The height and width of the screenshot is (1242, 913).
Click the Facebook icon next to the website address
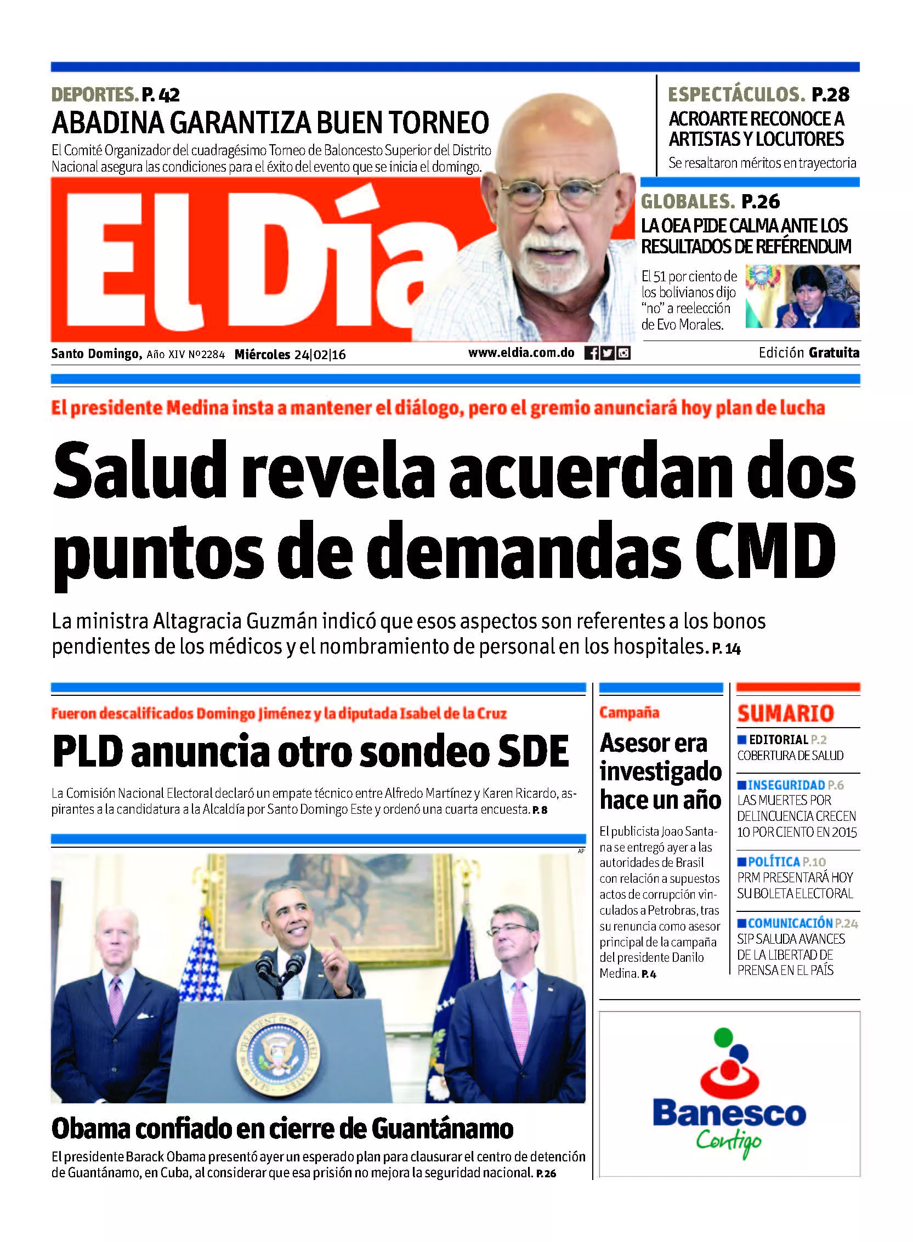(x=591, y=353)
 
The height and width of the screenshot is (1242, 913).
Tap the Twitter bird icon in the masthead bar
(x=608, y=353)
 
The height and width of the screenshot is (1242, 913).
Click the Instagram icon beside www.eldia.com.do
(x=623, y=353)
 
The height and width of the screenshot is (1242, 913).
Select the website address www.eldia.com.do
(x=521, y=353)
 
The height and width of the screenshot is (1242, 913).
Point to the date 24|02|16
(x=320, y=355)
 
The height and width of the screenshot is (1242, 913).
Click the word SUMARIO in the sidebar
(x=785, y=713)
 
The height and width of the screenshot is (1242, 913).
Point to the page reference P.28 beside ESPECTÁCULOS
(x=831, y=95)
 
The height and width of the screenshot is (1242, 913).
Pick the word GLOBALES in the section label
(x=688, y=202)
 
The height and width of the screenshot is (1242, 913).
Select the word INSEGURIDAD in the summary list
(x=786, y=785)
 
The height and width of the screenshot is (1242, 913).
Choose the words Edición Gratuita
(x=809, y=353)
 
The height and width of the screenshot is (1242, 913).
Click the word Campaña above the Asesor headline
(x=629, y=713)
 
